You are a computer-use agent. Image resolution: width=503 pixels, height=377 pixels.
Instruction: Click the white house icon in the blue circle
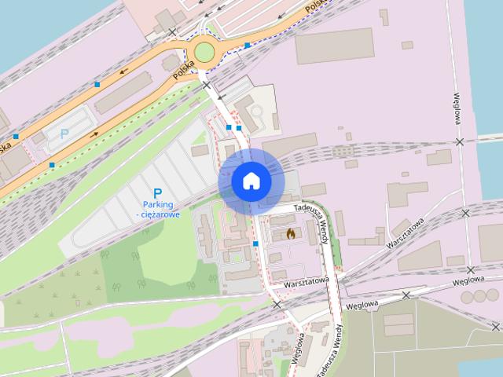251,181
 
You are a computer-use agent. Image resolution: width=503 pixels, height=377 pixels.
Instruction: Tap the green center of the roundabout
204,53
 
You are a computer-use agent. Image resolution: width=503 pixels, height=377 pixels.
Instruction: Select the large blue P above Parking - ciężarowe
157,193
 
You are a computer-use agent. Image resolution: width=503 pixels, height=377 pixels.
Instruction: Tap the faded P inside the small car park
64,134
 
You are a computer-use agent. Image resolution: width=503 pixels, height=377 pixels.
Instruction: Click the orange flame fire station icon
290,233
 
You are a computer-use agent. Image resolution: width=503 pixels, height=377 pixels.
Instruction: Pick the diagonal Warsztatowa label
406,234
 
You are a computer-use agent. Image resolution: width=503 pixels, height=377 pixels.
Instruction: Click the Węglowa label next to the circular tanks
468,280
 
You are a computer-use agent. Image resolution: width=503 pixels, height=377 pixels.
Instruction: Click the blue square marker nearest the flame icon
256,244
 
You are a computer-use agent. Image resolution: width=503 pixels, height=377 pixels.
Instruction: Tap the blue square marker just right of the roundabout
248,46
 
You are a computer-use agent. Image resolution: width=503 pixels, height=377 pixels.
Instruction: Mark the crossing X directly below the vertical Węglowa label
461,141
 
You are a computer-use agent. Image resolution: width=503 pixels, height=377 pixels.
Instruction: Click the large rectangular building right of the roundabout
334,46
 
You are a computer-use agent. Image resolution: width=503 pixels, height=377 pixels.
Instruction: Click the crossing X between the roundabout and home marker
206,84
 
